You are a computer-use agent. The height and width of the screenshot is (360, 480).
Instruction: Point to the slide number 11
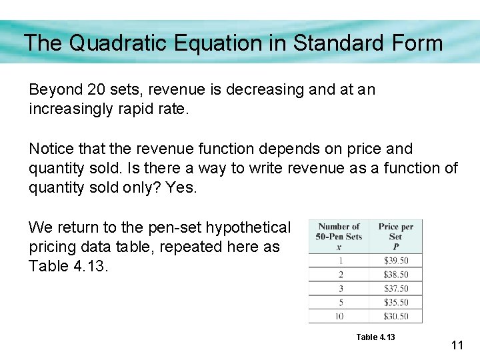click(x=457, y=345)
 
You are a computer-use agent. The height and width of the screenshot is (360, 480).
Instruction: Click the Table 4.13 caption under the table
click(x=375, y=337)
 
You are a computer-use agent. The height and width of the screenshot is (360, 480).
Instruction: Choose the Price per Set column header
click(x=395, y=236)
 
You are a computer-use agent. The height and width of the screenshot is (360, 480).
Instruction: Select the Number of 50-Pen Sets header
click(x=339, y=236)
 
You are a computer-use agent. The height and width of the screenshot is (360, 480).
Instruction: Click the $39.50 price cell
click(x=395, y=261)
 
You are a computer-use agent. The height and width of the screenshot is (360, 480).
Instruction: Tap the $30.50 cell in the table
click(x=395, y=316)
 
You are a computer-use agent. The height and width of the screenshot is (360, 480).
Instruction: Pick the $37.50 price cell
click(x=395, y=289)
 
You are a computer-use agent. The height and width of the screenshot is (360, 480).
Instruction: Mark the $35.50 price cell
click(x=395, y=302)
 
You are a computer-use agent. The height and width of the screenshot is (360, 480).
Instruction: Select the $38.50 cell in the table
click(x=395, y=275)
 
